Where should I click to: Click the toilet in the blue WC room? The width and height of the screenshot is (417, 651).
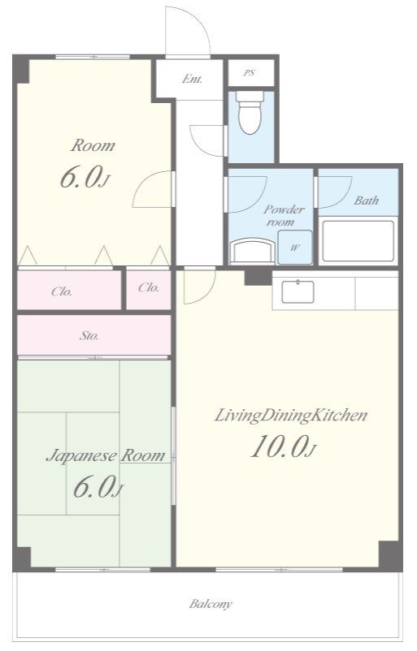(x=250, y=113)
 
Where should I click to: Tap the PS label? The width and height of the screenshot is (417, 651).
(x=249, y=73)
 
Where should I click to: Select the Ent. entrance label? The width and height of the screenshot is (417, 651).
(x=192, y=79)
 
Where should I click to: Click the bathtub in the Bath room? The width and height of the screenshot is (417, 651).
(x=358, y=241)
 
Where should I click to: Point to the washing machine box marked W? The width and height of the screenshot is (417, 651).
(x=295, y=248)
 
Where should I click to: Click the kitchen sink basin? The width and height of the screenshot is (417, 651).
(x=298, y=292)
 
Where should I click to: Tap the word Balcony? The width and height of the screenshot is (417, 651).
(x=211, y=604)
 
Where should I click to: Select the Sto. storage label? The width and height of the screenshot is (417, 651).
(x=89, y=335)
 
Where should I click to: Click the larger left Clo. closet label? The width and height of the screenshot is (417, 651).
(x=62, y=292)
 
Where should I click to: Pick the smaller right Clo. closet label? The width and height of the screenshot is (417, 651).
(x=149, y=287)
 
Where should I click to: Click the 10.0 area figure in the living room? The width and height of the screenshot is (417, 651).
(x=284, y=446)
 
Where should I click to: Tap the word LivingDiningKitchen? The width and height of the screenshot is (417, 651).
(x=291, y=415)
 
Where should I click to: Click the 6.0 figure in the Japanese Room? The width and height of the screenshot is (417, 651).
(x=98, y=487)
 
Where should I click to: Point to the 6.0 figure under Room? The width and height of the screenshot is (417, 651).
(x=85, y=177)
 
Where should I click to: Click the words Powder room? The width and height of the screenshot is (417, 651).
(x=284, y=215)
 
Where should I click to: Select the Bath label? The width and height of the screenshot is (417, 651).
(x=367, y=200)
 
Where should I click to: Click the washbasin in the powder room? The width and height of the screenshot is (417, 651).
(x=252, y=251)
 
